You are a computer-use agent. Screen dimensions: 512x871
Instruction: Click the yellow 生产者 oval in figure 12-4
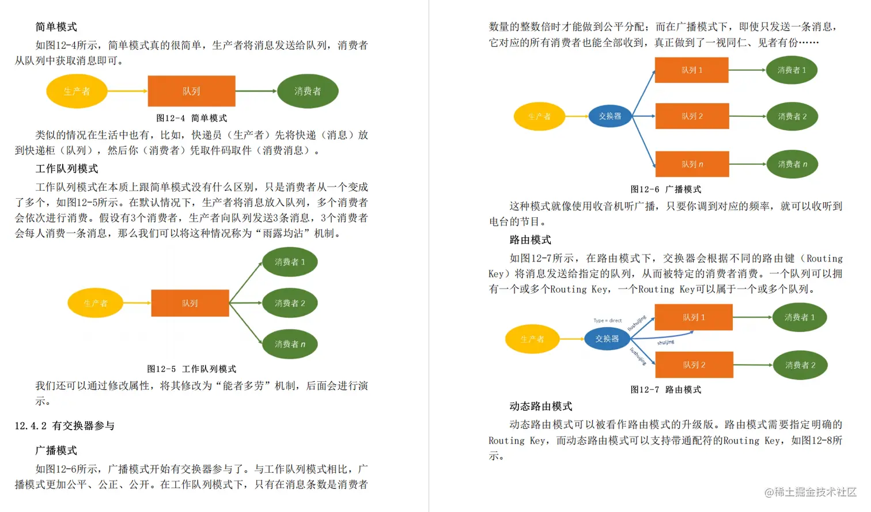tap(77, 91)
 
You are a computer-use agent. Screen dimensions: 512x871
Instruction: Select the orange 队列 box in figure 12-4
tap(191, 91)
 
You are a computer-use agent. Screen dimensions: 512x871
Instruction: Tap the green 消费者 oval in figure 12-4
tap(308, 91)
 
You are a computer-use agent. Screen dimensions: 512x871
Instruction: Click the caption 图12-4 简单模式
tap(191, 118)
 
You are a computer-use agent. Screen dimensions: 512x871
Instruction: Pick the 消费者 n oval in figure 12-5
tap(290, 344)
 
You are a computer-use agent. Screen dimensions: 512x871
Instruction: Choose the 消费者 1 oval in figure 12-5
tap(290, 262)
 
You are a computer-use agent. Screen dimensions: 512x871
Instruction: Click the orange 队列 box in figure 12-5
tap(190, 303)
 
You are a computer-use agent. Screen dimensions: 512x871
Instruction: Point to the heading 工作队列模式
tap(67, 169)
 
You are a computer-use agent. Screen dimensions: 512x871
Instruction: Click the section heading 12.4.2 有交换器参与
tap(65, 426)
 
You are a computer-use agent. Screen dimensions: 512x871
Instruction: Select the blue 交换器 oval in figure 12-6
tap(610, 116)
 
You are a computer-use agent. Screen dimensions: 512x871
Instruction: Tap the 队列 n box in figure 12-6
tap(692, 164)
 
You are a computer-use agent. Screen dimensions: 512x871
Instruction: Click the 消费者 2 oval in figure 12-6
tap(792, 116)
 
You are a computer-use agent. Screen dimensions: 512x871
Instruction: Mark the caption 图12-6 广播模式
tap(665, 189)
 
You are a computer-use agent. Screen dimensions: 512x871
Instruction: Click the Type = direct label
tap(607, 320)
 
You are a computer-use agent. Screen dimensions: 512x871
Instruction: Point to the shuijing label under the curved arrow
tap(665, 343)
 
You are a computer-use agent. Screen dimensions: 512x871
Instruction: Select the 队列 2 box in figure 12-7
tap(694, 365)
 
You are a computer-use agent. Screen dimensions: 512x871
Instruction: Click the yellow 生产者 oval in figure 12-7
tap(532, 339)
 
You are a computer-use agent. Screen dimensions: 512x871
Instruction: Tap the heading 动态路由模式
tap(540, 407)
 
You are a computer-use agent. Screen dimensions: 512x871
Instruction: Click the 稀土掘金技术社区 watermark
tap(811, 492)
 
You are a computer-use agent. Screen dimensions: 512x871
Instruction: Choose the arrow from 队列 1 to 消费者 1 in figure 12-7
tap(752, 317)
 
